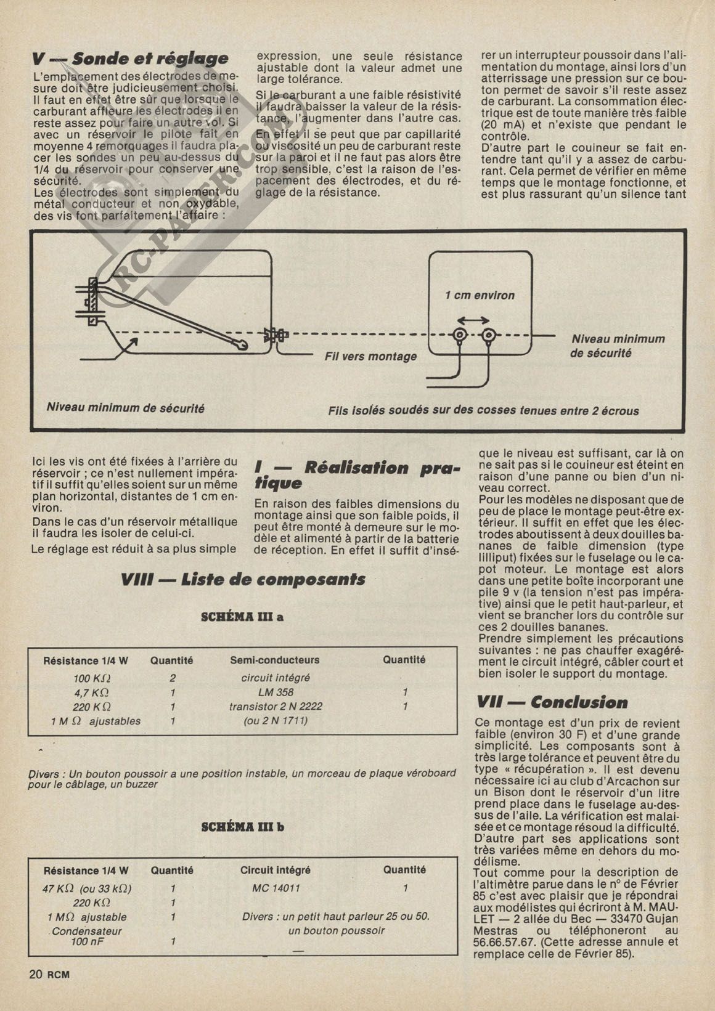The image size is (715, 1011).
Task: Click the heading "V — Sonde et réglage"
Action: coord(130,59)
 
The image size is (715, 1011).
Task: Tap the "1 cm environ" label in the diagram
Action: coord(480,296)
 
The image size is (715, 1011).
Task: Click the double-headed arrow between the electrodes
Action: coord(474,320)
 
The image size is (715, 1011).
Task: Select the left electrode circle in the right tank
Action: coord(459,336)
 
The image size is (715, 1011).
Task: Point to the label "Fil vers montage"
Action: coord(370,357)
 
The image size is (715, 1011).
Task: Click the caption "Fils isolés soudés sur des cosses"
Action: coord(483,411)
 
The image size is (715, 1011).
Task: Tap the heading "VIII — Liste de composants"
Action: coord(243,580)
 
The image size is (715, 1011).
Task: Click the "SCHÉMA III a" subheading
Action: coord(242,617)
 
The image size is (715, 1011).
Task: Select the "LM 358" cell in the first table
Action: coord(276,692)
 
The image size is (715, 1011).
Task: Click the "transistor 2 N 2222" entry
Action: coord(276,707)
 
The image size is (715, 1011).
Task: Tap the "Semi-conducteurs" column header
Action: coord(275,660)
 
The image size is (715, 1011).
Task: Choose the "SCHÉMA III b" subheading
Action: coord(243,827)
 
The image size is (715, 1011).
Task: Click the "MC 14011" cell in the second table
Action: coord(276,888)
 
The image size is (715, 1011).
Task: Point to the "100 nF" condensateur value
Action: coord(87,942)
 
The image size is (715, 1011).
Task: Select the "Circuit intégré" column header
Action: coord(275,871)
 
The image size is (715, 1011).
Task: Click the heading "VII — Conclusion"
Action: coord(552,702)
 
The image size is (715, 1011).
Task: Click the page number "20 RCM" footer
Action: coord(49,974)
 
